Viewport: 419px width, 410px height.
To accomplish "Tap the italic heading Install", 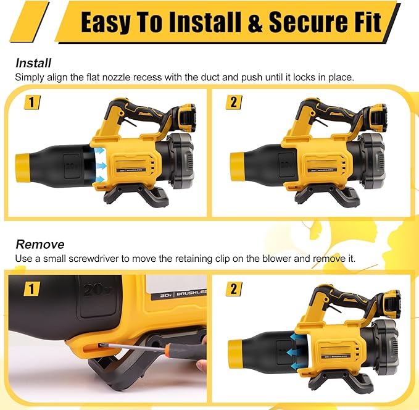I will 33,62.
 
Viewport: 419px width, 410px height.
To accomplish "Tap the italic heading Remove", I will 39,244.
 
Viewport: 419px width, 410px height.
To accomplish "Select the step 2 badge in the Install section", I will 233,102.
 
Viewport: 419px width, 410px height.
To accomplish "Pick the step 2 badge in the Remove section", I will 233,288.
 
